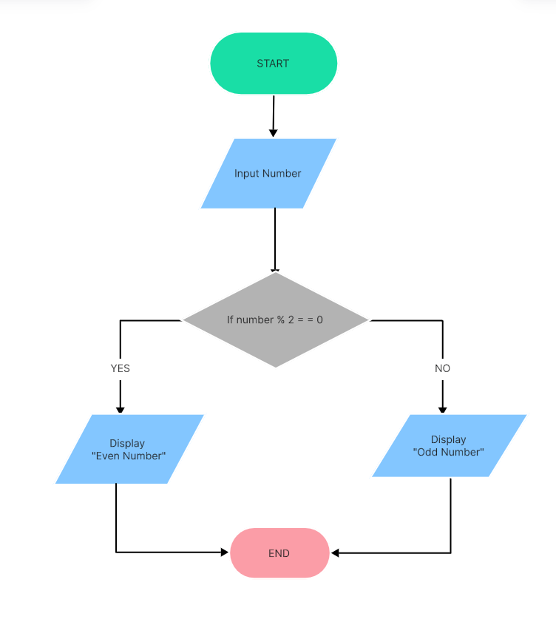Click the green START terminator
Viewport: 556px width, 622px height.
[x=274, y=64]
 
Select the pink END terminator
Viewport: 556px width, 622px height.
[x=279, y=552]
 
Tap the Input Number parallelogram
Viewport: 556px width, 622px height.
[x=268, y=174]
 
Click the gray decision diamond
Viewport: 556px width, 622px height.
[x=275, y=320]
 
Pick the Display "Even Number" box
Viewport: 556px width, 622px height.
[x=129, y=450]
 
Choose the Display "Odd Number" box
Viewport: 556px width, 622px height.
[x=449, y=445]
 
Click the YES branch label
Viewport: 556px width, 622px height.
[x=120, y=368]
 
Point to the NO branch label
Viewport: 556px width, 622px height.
[x=443, y=368]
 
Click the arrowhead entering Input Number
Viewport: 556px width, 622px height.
[x=273, y=133]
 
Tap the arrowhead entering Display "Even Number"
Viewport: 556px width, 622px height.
[x=120, y=410]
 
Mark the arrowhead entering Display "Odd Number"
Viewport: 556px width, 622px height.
[x=443, y=409]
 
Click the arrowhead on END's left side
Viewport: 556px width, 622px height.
[x=225, y=552]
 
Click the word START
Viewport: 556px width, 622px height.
[x=273, y=64]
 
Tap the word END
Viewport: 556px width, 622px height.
[x=279, y=553]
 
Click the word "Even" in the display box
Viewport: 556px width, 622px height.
[x=110, y=456]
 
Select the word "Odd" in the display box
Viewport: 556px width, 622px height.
[x=428, y=452]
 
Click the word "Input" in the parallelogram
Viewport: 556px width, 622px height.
[x=247, y=174]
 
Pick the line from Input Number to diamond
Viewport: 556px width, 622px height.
[x=275, y=240]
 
